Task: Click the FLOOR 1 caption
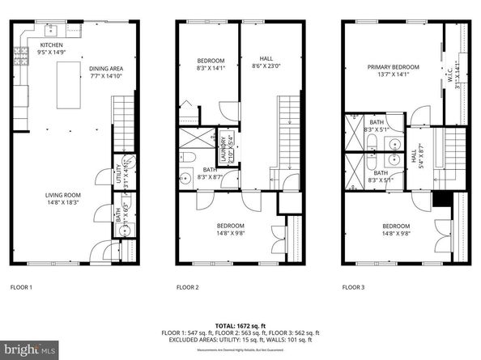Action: click(x=21, y=287)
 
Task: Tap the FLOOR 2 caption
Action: click(x=189, y=287)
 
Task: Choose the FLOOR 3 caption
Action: click(x=354, y=287)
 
